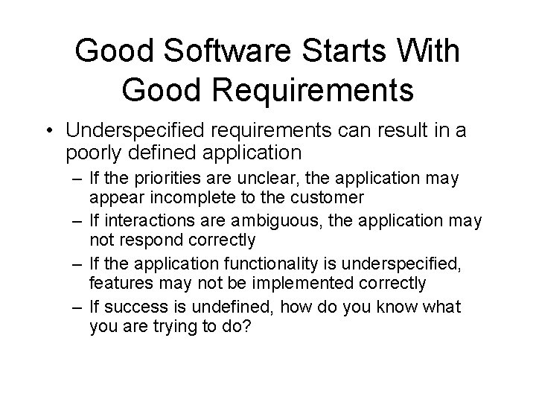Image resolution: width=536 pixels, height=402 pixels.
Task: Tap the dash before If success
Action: pos(77,306)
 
